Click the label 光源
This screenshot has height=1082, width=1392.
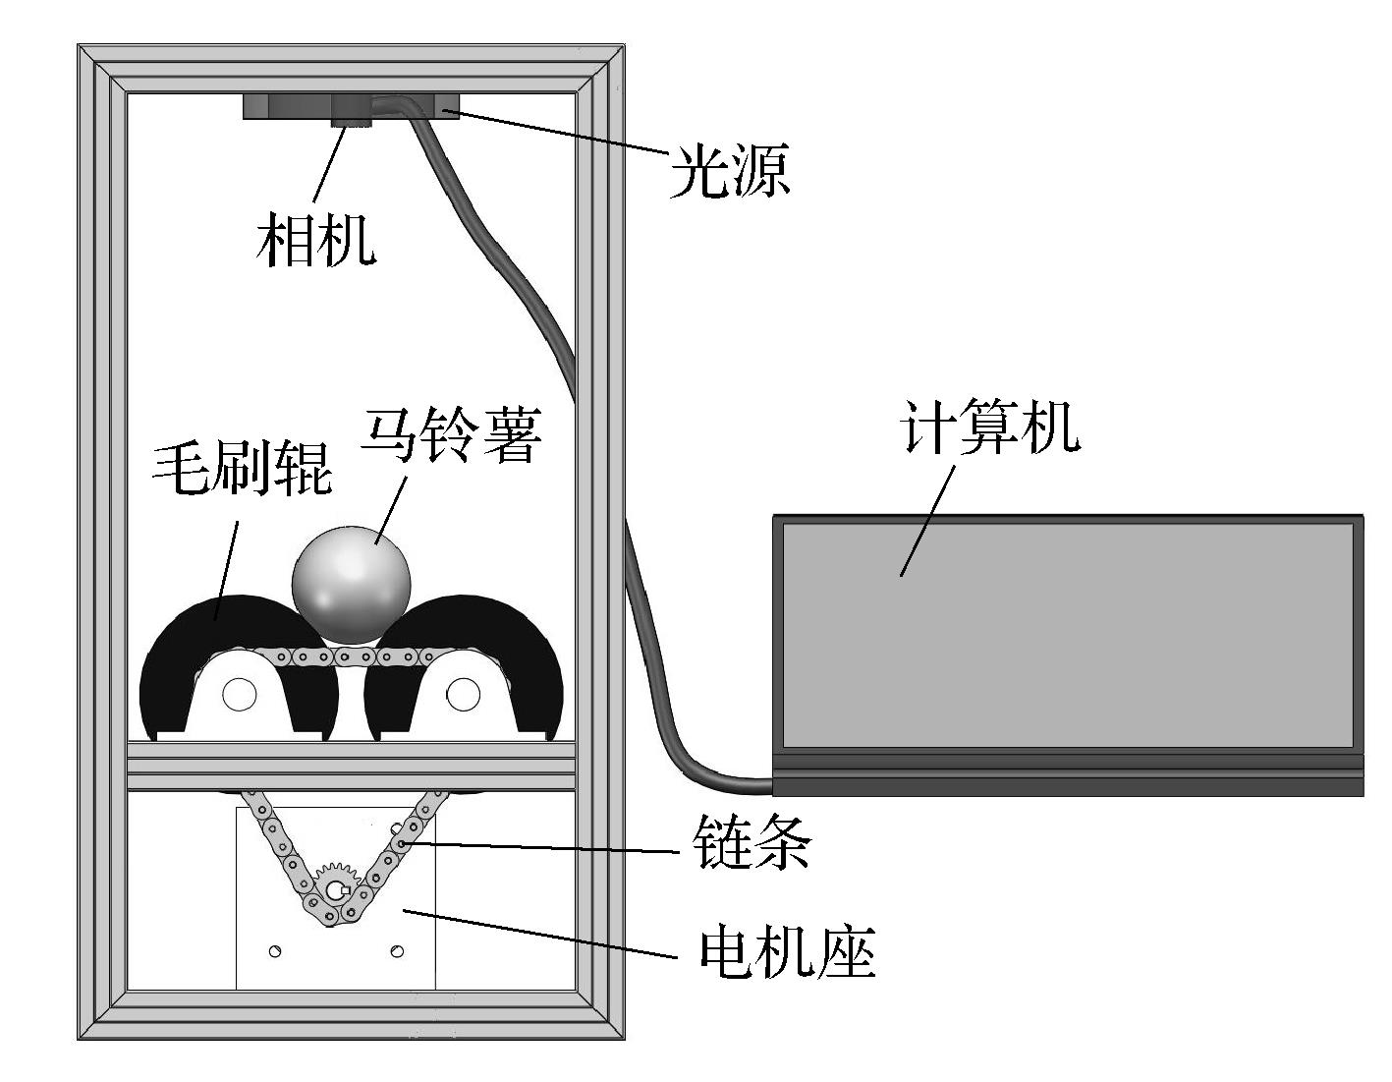(x=730, y=172)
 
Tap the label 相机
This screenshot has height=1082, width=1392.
(x=315, y=241)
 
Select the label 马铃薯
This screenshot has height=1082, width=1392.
(x=451, y=436)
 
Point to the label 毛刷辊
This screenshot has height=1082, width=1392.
(x=243, y=469)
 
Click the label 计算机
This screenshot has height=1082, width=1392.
(x=990, y=427)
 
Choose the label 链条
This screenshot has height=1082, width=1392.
(x=752, y=844)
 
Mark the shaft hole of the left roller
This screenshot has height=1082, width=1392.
(x=239, y=695)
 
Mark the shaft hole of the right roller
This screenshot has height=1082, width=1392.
(x=463, y=695)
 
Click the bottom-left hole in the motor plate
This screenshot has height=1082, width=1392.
(x=276, y=950)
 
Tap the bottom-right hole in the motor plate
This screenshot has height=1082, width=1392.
(x=397, y=950)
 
